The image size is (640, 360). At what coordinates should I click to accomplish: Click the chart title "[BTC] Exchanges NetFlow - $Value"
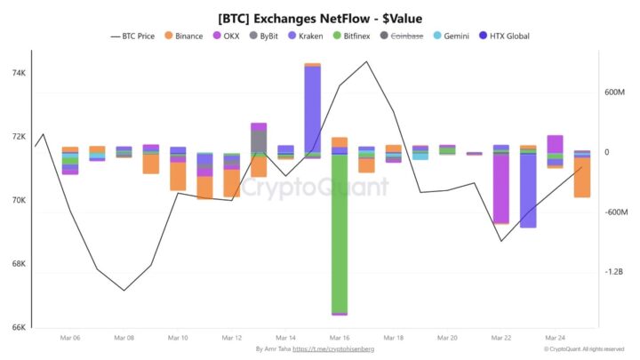[x=320, y=18]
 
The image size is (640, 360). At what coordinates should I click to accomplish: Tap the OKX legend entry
[x=227, y=36]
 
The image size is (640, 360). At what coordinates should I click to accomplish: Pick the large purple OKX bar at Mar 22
[x=500, y=188]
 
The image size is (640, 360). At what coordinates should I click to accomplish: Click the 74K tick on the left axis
[x=18, y=73]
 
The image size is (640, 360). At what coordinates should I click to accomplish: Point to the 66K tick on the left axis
[x=18, y=327]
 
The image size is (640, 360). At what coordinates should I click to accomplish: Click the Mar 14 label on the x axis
[x=285, y=338]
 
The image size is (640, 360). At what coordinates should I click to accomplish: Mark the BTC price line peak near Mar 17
[x=366, y=62]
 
